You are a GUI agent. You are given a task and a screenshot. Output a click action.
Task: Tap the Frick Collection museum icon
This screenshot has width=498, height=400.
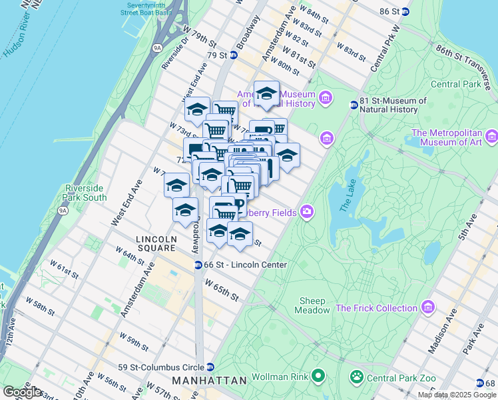tap(428, 308)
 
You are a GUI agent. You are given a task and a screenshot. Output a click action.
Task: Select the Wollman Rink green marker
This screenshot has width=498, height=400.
tap(318, 377)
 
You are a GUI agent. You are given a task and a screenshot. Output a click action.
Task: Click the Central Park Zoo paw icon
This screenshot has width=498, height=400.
tap(358, 377)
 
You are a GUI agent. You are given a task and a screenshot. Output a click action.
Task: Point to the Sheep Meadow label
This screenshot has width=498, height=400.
tap(312, 305)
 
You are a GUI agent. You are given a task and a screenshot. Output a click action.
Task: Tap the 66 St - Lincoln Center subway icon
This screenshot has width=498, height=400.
tap(198, 265)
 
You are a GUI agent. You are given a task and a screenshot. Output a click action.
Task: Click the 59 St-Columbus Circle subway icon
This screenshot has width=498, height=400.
tap(210, 367)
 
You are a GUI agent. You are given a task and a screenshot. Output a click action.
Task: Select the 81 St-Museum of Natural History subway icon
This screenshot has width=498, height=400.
tap(354, 105)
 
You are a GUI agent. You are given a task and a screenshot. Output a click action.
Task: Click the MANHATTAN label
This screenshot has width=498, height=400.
tap(209, 380)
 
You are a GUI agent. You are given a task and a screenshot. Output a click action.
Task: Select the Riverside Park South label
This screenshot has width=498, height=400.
tap(85, 193)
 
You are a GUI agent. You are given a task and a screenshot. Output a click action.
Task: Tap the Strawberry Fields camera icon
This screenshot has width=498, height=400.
tap(306, 211)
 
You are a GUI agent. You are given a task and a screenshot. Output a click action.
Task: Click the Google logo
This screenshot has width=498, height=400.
tap(23, 391)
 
